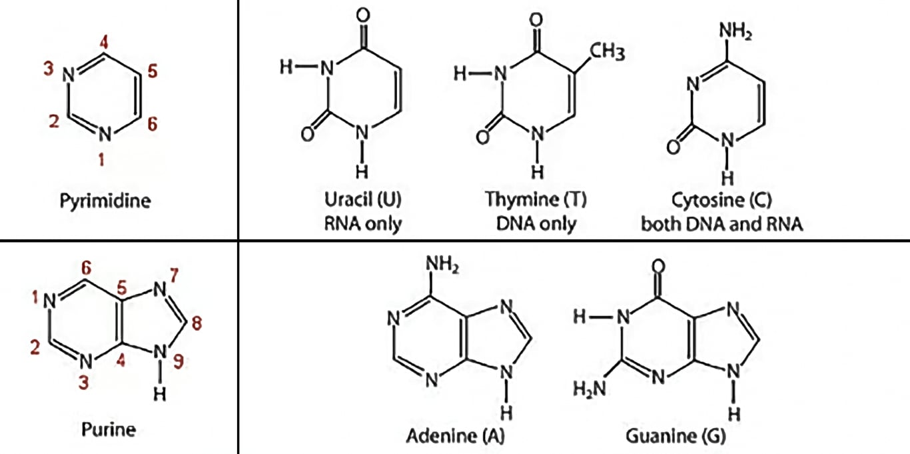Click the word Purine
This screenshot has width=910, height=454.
point(108,429)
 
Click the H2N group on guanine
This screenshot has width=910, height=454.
point(588,387)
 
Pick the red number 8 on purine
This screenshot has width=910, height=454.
point(195,323)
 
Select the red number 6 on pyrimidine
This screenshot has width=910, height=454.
point(152,124)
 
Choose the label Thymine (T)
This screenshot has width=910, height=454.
point(536,199)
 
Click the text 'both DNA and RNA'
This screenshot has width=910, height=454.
point(721,223)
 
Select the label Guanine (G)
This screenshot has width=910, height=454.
point(676,436)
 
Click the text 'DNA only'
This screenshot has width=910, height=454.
point(536,223)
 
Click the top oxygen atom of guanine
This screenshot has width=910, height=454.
point(660,267)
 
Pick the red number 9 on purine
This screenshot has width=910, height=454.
point(179,361)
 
